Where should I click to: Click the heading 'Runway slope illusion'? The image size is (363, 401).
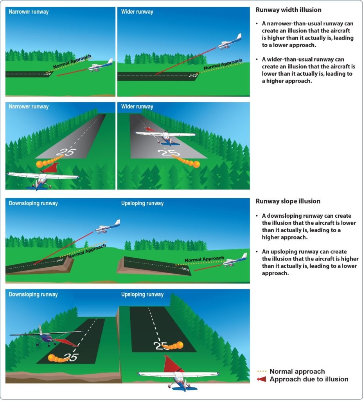tap(288, 201)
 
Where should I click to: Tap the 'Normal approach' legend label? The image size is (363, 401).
tap(297, 371)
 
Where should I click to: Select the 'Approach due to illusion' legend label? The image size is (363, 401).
tap(309, 379)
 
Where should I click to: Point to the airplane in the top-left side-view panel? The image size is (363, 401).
tap(101, 66)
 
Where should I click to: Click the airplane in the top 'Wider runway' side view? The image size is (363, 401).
tap(230, 42)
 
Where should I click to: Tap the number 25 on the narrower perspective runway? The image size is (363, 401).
tap(65, 152)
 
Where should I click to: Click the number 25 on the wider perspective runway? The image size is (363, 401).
tap(167, 152)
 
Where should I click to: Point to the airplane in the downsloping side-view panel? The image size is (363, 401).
tap(108, 227)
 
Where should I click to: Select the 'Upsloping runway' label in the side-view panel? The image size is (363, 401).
tap(142, 203)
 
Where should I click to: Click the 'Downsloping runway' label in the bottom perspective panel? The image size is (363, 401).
tap(33, 294)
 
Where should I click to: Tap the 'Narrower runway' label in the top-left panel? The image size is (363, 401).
tap(29, 12)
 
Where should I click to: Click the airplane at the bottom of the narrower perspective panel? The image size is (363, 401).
tap(42, 179)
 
